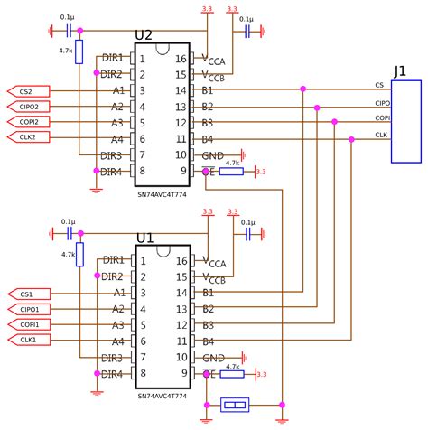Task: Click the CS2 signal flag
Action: pos(27,90)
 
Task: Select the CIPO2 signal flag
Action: pos(27,107)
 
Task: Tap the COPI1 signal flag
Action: pos(27,324)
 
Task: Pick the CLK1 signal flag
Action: pos(27,340)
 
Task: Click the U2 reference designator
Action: pos(144,35)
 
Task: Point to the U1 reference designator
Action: pos(144,238)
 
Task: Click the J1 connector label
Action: pos(402,70)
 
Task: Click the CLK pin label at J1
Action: pos(381,135)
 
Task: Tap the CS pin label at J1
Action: pos(379,86)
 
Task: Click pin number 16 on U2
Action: pos(181,59)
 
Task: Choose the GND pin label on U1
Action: pos(213,358)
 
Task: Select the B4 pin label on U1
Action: pos(207,341)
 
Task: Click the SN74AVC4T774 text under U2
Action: pos(162,193)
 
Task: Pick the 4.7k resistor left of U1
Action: pos(79,254)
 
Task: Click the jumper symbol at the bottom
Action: pos(235,406)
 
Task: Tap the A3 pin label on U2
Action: pos(117,123)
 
